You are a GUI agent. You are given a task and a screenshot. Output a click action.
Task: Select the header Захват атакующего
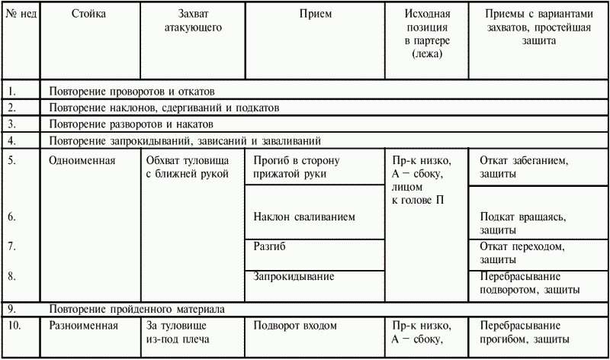pyautogui.click(x=192, y=21)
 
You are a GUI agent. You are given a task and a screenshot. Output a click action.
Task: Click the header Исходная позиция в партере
pyautogui.click(x=428, y=34)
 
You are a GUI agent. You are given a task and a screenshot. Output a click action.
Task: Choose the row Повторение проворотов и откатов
pyautogui.click(x=133, y=91)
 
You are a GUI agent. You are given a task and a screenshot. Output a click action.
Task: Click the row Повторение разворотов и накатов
pyautogui.click(x=131, y=124)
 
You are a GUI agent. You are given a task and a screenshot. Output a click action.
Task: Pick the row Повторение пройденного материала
pyautogui.click(x=136, y=309)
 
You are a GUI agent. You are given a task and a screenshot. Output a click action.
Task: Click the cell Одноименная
pyautogui.click(x=83, y=161)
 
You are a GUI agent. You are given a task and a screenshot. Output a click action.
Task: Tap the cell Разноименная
pyautogui.click(x=83, y=326)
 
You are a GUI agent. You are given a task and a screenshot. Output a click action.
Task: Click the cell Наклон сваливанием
pyautogui.click(x=304, y=217)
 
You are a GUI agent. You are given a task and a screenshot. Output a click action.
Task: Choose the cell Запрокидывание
pyautogui.click(x=292, y=276)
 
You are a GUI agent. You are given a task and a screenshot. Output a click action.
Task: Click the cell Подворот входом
pyautogui.click(x=295, y=326)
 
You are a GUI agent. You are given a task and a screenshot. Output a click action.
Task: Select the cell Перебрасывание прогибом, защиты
pyautogui.click(x=525, y=333)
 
